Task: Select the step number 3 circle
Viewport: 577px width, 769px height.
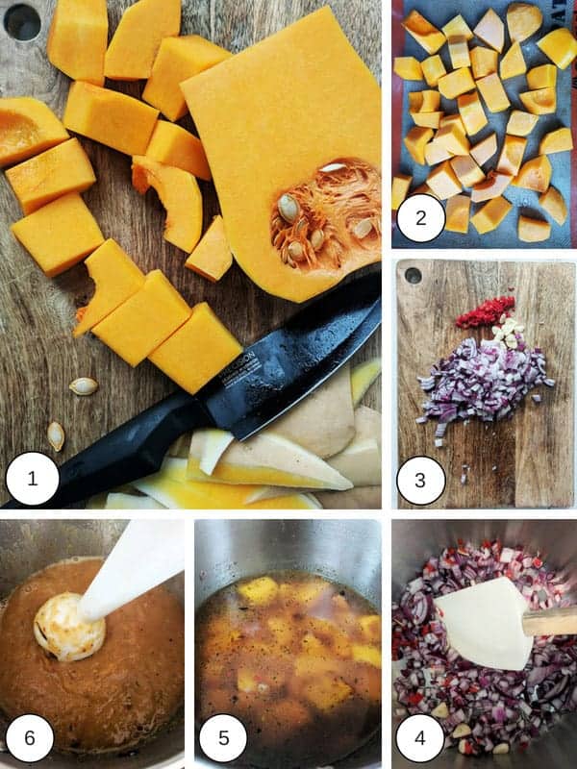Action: pyautogui.click(x=421, y=481)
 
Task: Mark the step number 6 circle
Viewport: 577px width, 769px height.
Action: pyautogui.click(x=29, y=738)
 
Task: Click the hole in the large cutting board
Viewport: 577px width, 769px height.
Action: pyautogui.click(x=22, y=21)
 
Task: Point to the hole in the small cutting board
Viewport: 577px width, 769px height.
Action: pyautogui.click(x=414, y=276)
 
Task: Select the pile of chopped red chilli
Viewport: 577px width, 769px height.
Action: pyautogui.click(x=485, y=312)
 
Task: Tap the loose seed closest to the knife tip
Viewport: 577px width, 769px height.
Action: pyautogui.click(x=84, y=386)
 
